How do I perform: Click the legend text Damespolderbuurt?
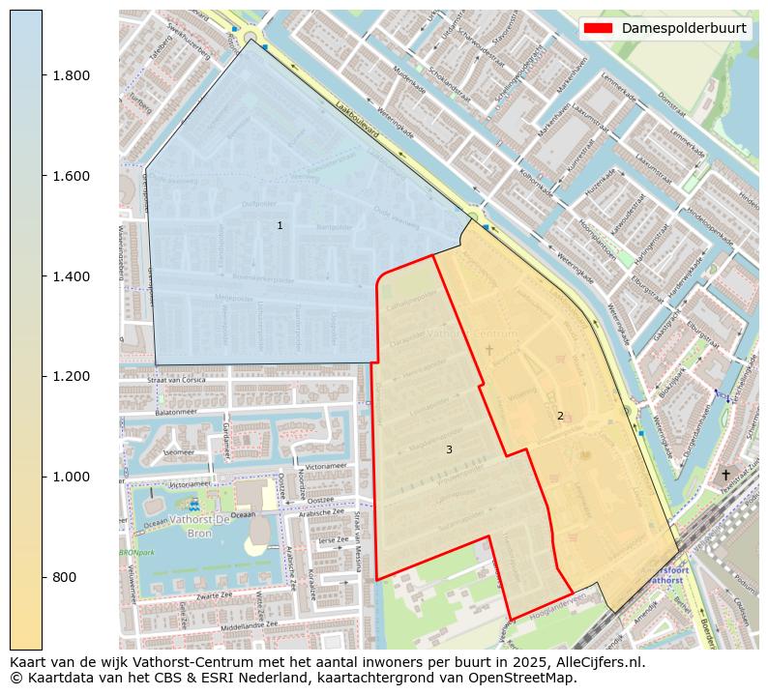pyautogui.click(x=684, y=28)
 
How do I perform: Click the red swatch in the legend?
pyautogui.click(x=599, y=28)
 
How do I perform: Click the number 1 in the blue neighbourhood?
pyautogui.click(x=280, y=225)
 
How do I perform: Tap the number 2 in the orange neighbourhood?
pyautogui.click(x=559, y=416)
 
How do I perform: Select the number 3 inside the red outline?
pyautogui.click(x=449, y=449)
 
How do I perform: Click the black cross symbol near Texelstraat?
pyautogui.click(x=725, y=475)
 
